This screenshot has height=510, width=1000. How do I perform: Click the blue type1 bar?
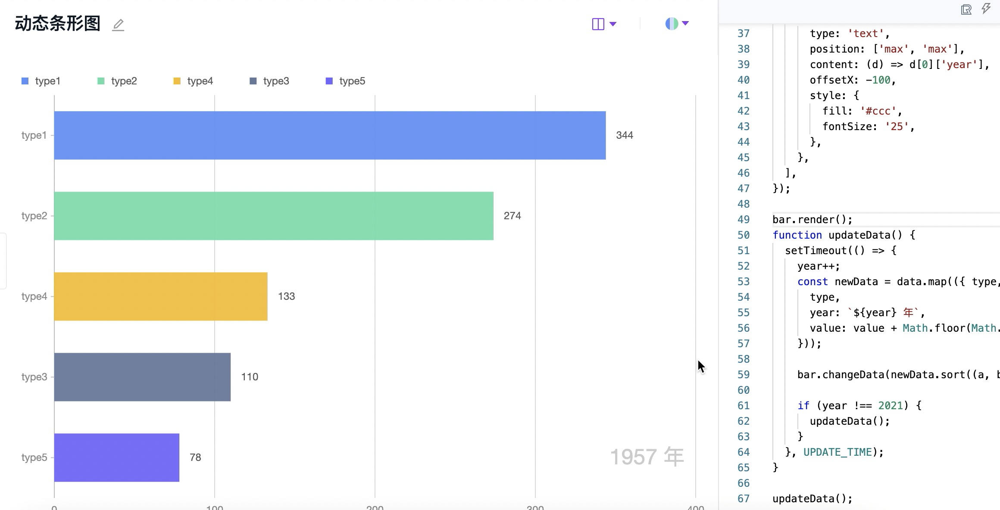click(x=330, y=135)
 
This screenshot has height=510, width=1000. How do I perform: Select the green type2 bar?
click(x=274, y=216)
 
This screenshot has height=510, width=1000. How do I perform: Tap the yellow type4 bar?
click(x=161, y=296)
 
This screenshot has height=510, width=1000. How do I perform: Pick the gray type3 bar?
click(x=142, y=377)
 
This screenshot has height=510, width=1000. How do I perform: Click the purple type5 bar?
click(x=117, y=457)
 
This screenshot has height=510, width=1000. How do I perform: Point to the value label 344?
click(x=625, y=135)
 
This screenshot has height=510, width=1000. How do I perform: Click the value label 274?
click(x=512, y=216)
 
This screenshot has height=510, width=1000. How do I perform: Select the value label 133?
click(x=287, y=296)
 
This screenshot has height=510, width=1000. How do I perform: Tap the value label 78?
click(x=195, y=457)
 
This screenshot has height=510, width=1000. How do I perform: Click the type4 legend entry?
click(x=194, y=81)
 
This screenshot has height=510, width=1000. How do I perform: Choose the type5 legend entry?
click(x=346, y=81)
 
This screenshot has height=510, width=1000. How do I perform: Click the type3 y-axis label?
click(x=34, y=377)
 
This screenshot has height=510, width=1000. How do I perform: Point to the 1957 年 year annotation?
click(x=647, y=457)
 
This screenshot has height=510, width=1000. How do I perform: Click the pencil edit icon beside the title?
click(x=118, y=25)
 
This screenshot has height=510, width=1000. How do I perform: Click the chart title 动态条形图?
click(x=58, y=24)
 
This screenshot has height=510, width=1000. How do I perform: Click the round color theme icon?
click(x=672, y=24)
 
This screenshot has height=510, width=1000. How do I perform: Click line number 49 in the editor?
click(x=744, y=220)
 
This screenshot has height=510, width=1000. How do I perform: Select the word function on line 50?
click(x=797, y=235)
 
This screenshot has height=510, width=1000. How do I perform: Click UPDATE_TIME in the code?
click(x=837, y=452)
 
